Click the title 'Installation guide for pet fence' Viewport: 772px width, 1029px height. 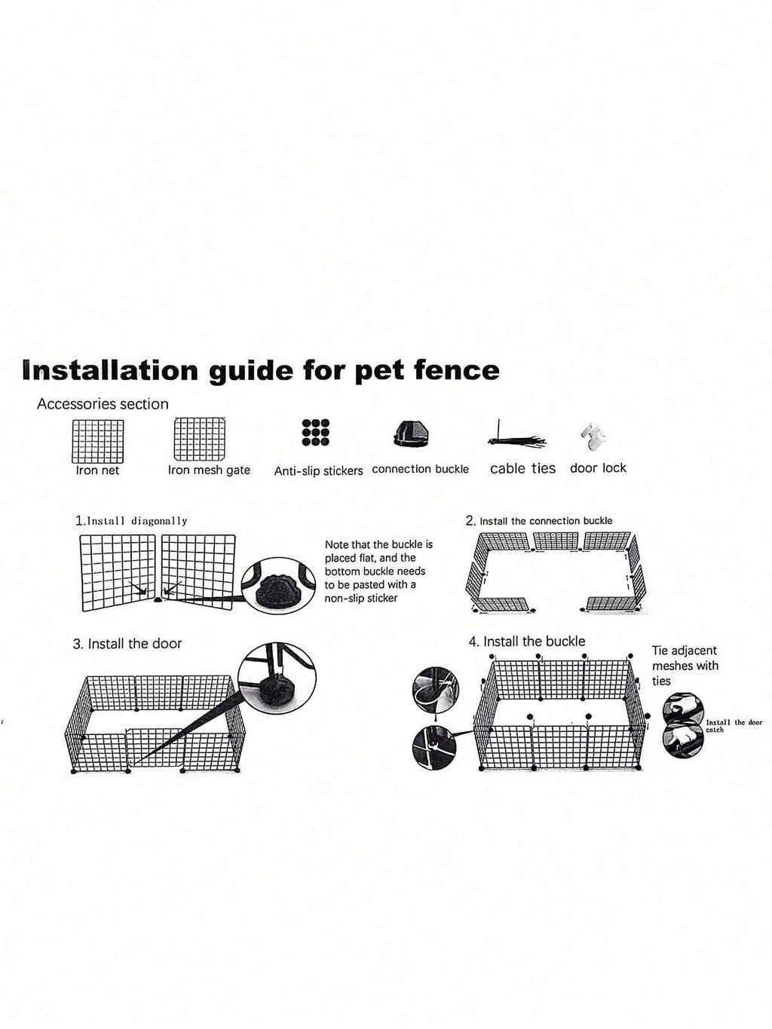pos(261,371)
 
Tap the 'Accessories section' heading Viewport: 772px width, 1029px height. pos(103,404)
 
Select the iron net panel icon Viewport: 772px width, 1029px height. pos(98,441)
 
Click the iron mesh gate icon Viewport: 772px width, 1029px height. pos(200,439)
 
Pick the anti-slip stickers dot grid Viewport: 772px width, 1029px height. pos(315,432)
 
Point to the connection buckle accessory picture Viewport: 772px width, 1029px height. pos(412,434)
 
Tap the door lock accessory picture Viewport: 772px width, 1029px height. pos(594,437)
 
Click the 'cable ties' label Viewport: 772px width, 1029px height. pos(522,468)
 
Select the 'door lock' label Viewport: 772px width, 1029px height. pos(598,468)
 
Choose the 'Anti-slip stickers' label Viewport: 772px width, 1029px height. pos(318,470)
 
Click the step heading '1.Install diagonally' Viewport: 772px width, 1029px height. pos(131,520)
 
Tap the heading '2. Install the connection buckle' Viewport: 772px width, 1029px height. pos(539,521)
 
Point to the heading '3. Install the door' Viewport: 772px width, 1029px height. pos(127,644)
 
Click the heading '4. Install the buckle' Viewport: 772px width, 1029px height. pos(527,642)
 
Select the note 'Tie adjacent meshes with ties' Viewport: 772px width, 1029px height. pos(685,666)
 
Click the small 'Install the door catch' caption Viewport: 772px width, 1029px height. pos(734,726)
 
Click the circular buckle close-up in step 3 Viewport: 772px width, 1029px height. pos(277,678)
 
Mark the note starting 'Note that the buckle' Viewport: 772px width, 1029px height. pos(378,571)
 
